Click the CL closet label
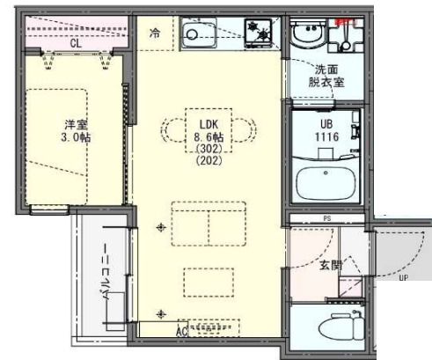[77, 41]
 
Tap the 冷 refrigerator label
[155, 34]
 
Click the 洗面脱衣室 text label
[326, 76]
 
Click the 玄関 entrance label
[330, 266]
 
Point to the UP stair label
[403, 279]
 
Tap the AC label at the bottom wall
[180, 331]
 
